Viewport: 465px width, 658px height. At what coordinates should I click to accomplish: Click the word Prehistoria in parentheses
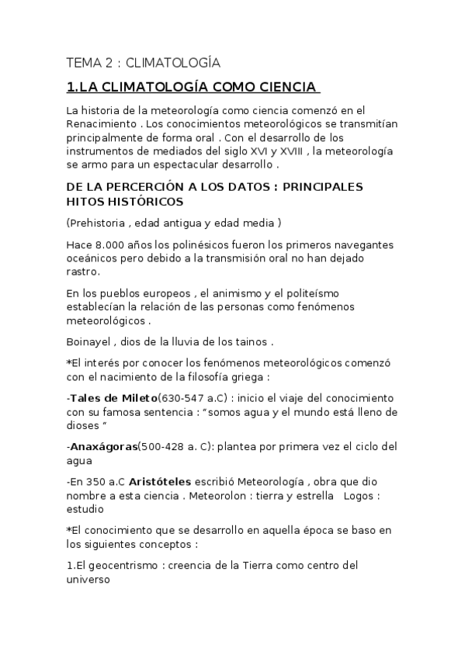100,223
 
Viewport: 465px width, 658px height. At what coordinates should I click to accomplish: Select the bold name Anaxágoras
103,447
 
